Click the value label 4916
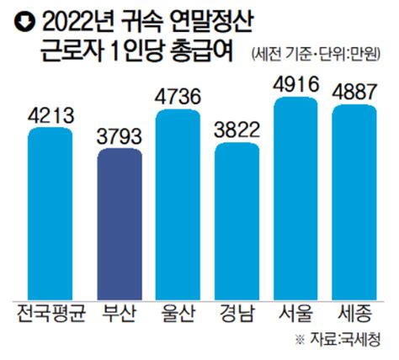[x=298, y=83]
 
